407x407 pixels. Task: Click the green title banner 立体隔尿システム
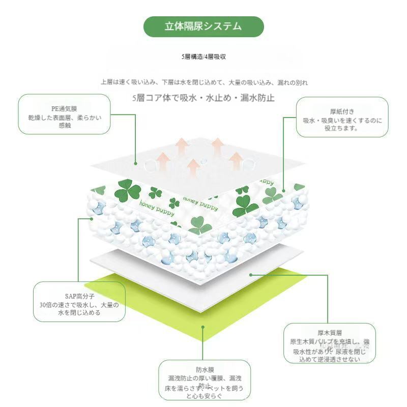pos(203,26)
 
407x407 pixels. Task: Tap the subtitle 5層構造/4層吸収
pos(203,57)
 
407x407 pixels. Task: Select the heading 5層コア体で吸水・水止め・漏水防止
pos(203,98)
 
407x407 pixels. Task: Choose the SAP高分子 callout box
pos(79,302)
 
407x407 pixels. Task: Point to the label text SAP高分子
pos(79,295)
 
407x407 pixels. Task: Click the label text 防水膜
pos(204,369)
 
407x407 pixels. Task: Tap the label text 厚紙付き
pos(342,110)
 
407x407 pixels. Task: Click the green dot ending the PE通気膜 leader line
pos(136,163)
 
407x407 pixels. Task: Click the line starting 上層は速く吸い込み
pos(203,82)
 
